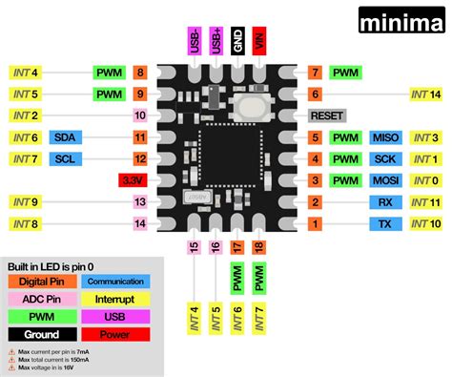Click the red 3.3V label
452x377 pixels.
[x=131, y=180]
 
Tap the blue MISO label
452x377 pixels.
[x=385, y=137]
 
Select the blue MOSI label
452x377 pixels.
[x=385, y=180]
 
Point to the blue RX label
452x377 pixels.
[x=385, y=202]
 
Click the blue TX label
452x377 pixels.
[x=385, y=224]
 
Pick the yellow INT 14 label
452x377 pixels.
[x=427, y=94]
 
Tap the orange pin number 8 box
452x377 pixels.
[x=140, y=73]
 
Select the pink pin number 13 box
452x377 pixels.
[x=140, y=202]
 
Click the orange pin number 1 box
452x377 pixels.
[x=315, y=224]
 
